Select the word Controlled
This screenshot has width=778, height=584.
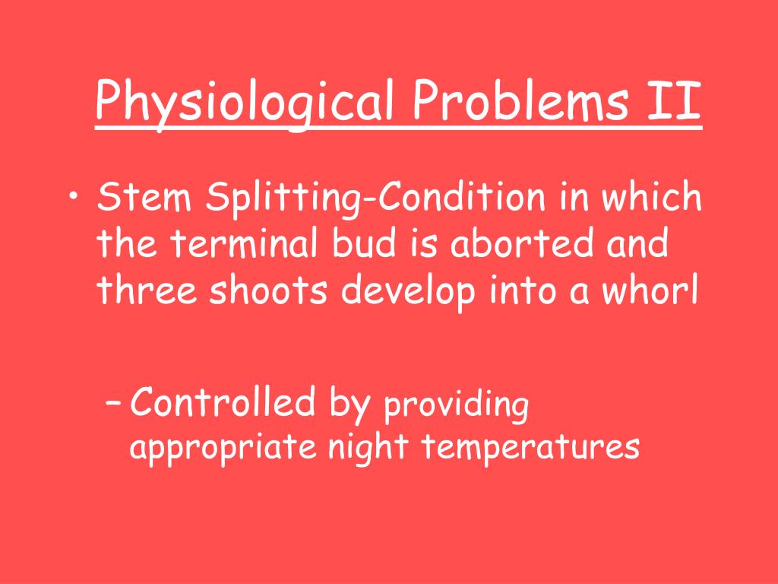click(222, 402)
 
